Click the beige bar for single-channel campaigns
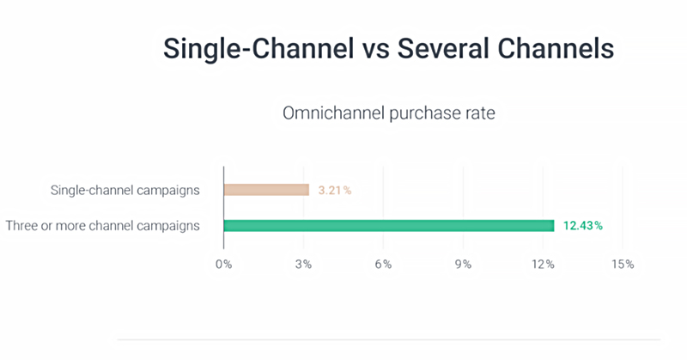coord(266,190)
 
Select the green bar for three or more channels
coord(389,226)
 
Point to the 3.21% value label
coord(335,190)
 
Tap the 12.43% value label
coord(583,226)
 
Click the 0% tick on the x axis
coord(224,265)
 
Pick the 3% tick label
coord(303,265)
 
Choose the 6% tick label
coord(383,265)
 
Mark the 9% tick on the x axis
coord(463,265)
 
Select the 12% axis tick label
coord(543,265)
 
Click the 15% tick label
coord(623,265)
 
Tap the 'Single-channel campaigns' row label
coord(125,190)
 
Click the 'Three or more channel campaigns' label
coord(102,226)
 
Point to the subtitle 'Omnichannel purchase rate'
coord(389,113)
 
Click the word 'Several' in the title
coord(443,48)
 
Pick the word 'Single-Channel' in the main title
coord(258,49)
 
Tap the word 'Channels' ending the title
coord(556,48)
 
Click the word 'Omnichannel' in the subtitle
coord(333,113)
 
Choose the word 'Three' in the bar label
coord(21,226)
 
